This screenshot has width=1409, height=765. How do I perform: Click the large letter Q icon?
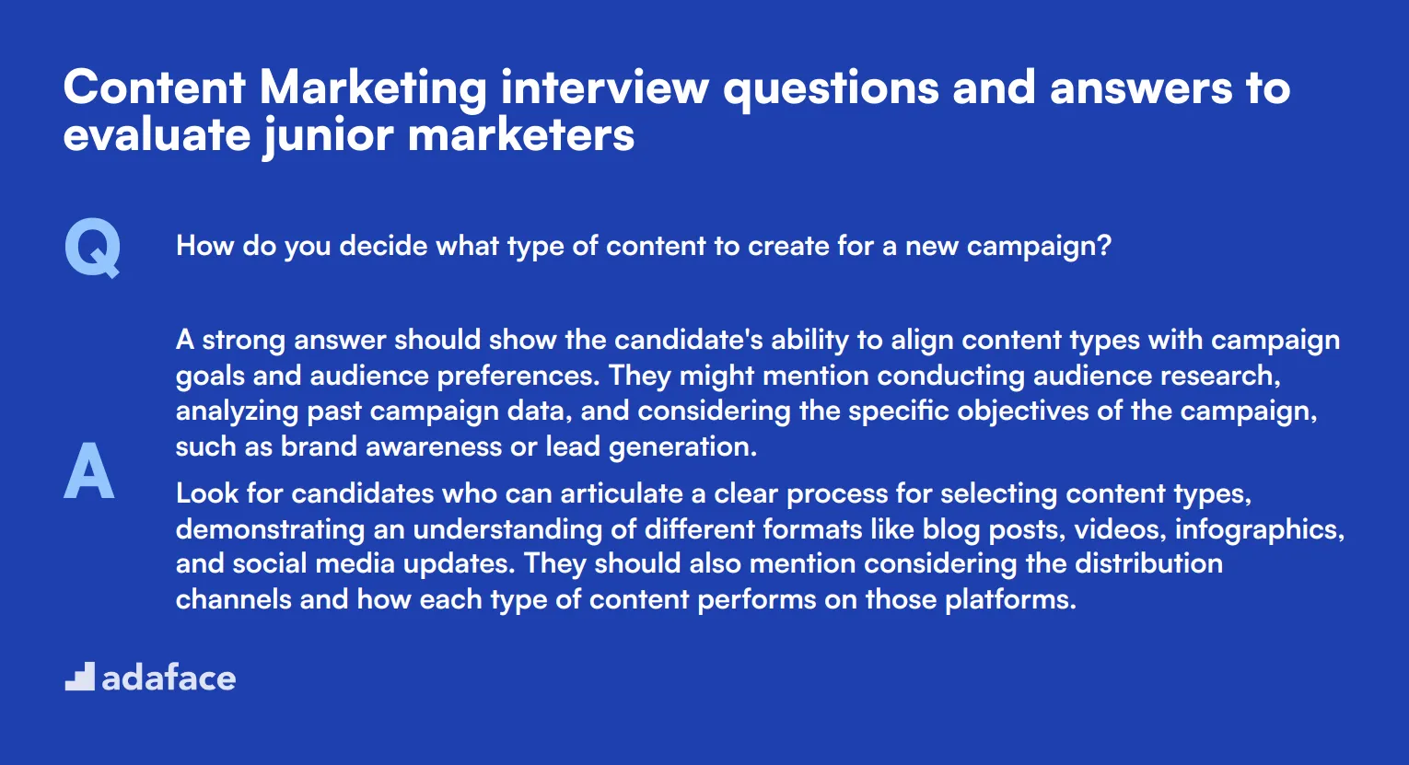pyautogui.click(x=92, y=248)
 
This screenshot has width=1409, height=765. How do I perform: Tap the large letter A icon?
pyautogui.click(x=88, y=470)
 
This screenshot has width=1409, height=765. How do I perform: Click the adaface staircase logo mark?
pyautogui.click(x=80, y=677)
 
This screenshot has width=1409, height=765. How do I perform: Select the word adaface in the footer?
pyautogui.click(x=169, y=678)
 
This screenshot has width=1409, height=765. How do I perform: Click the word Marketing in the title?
pyautogui.click(x=373, y=89)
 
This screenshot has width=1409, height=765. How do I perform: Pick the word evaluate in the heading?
pyautogui.click(x=157, y=135)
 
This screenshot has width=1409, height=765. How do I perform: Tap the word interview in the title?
pyautogui.click(x=605, y=87)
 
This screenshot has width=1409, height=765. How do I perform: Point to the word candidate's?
pyautogui.click(x=688, y=340)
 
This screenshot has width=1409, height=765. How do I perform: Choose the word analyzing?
pyautogui.click(x=238, y=411)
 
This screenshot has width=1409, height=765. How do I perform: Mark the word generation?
pyautogui.click(x=682, y=446)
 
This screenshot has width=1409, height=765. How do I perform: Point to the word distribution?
pyautogui.click(x=1148, y=563)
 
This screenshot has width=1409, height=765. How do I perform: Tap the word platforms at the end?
pyautogui.click(x=1010, y=599)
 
